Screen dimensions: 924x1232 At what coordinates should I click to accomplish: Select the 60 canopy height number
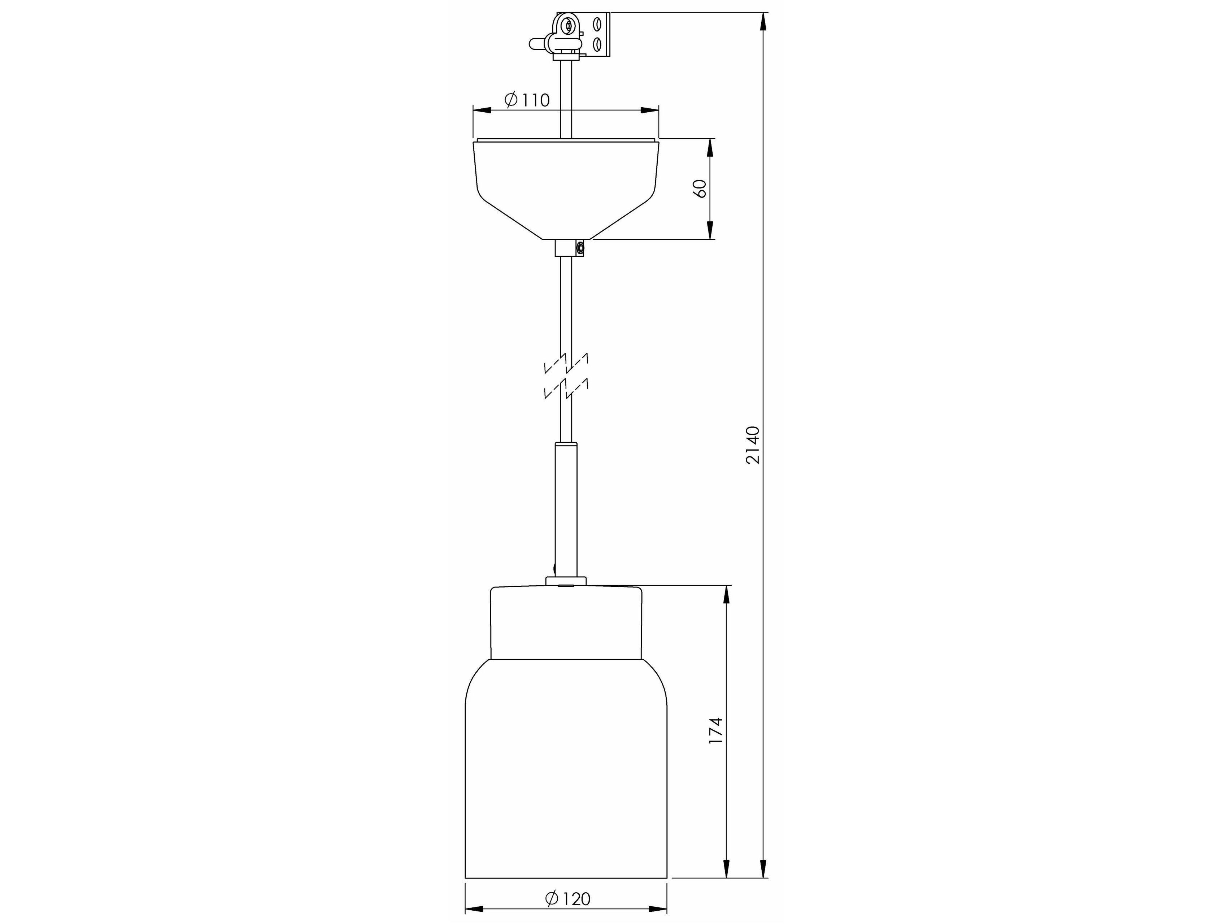coord(701,188)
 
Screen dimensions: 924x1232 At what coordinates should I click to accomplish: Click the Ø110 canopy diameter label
coord(527,100)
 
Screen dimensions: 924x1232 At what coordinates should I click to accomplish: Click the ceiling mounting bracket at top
coord(582,35)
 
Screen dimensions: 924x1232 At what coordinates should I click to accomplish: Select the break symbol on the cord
coord(566,376)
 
